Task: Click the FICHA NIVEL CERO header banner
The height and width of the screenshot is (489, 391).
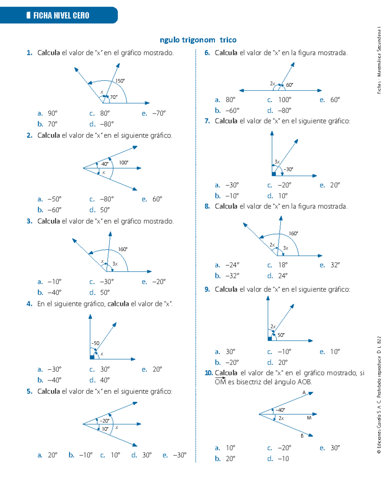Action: pyautogui.click(x=59, y=15)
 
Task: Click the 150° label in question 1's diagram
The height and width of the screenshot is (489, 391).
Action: pyautogui.click(x=120, y=81)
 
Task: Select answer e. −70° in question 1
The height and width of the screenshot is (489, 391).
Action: pyautogui.click(x=154, y=113)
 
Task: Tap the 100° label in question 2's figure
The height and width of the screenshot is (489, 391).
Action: pyautogui.click(x=123, y=163)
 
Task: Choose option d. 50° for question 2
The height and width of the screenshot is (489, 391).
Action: pyautogui.click(x=100, y=210)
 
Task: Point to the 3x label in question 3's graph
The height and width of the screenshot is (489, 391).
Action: pyautogui.click(x=115, y=264)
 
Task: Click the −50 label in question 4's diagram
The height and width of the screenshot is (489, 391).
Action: pyautogui.click(x=95, y=343)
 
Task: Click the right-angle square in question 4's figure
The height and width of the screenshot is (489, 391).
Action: pyautogui.click(x=92, y=357)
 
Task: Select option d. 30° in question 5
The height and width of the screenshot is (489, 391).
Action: pyautogui.click(x=142, y=455)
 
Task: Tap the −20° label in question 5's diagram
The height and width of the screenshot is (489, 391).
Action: pyautogui.click(x=104, y=421)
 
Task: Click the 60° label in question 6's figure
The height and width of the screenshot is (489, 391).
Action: pyautogui.click(x=289, y=85)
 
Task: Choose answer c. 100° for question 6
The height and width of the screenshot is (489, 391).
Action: pyautogui.click(x=280, y=100)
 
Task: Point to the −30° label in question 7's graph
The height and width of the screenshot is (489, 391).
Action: pyautogui.click(x=288, y=169)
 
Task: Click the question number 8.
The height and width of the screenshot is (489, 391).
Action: pyautogui.click(x=207, y=206)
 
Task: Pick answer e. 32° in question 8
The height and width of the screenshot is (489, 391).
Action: pyautogui.click(x=330, y=265)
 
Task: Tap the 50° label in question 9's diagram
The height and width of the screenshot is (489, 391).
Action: pyautogui.click(x=281, y=335)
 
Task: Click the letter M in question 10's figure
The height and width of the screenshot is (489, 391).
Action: pyautogui.click(x=309, y=418)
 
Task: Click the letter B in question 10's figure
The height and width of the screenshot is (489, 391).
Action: pyautogui.click(x=302, y=436)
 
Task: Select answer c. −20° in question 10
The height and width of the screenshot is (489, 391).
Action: pyautogui.click(x=280, y=448)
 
